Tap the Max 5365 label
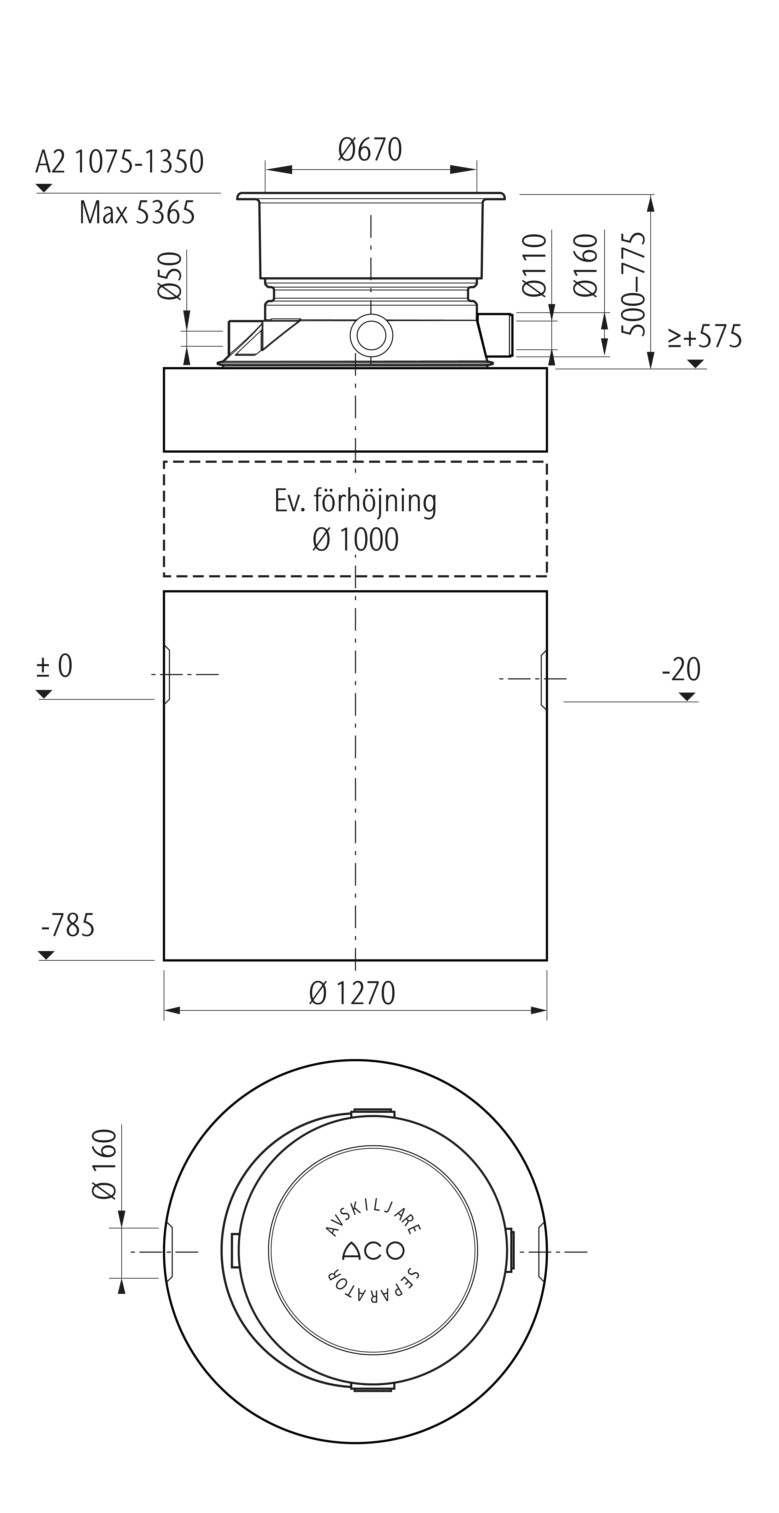[x=137, y=213]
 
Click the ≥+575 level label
[x=704, y=337]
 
